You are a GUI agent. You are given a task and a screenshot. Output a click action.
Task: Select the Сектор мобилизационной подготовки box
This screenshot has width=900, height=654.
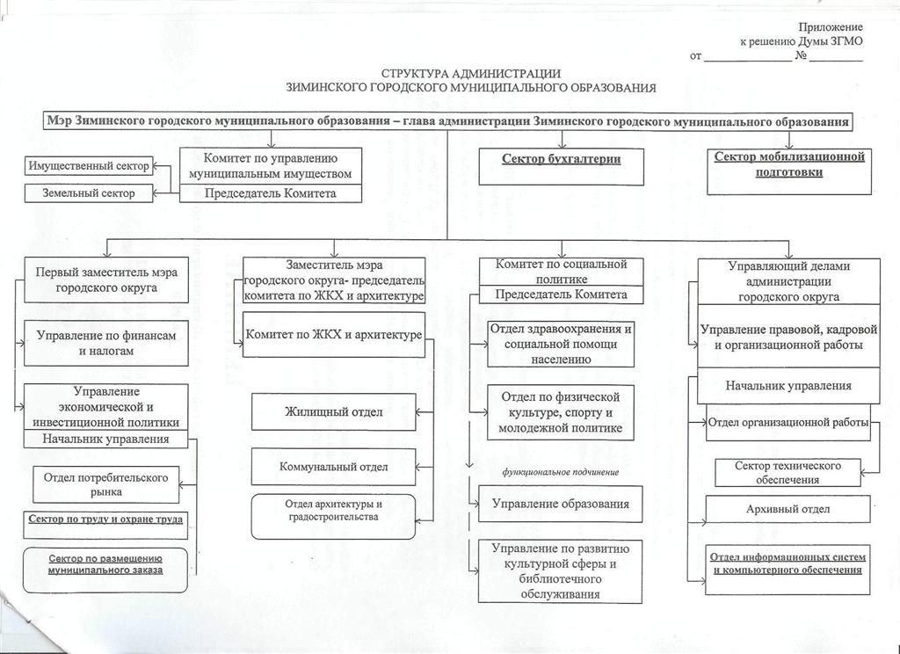coord(789,170)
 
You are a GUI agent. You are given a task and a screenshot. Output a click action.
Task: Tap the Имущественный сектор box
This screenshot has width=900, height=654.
coord(89,165)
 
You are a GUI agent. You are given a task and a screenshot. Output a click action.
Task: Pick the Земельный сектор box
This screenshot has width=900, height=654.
coord(89,193)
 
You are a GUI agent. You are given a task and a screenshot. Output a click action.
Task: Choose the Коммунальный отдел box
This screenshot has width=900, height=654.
coord(334,467)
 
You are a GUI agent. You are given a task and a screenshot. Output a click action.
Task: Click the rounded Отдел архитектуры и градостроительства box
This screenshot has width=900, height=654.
coord(334,516)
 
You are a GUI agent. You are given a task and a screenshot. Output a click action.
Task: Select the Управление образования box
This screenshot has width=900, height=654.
coord(561,504)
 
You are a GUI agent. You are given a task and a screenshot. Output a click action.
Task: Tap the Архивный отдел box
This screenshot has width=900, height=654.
coord(788,509)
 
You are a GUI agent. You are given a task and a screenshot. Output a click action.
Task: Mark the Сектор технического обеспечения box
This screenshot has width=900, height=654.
coord(788,472)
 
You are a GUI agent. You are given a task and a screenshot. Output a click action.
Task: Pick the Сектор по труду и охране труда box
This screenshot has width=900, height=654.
coord(105,520)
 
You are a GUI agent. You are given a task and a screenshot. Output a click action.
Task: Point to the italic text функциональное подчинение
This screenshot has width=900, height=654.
coord(561,472)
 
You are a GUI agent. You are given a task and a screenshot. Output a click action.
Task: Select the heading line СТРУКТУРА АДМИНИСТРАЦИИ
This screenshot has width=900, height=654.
coord(470,74)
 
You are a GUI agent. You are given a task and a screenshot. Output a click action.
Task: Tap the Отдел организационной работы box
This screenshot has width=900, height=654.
coord(788,423)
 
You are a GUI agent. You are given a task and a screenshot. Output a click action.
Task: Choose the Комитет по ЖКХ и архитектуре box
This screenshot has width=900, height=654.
coord(334,335)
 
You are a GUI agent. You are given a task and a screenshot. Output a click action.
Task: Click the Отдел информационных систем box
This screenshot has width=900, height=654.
coord(788,563)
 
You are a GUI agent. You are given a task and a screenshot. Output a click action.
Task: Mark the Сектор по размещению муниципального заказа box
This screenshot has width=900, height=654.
coord(105,563)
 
